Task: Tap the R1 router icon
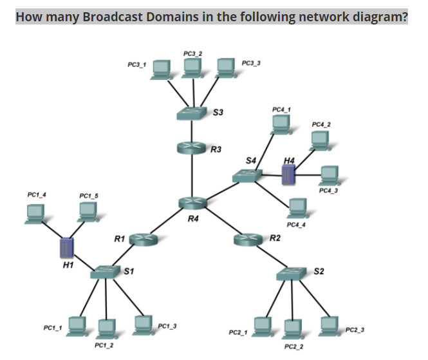[143, 240]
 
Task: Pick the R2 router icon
[248, 240]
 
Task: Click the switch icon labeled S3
[192, 113]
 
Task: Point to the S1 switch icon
[105, 272]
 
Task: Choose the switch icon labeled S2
[293, 274]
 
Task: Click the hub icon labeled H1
[66, 248]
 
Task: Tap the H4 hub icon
[288, 174]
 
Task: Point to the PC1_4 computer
[35, 213]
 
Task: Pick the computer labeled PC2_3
[329, 325]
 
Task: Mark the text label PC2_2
[293, 346]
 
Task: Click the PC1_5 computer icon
[87, 212]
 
